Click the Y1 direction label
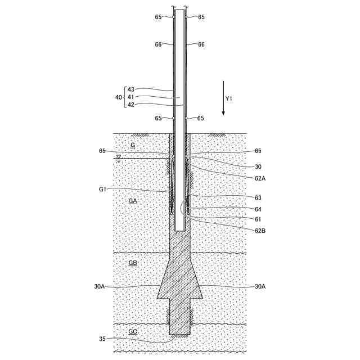228,99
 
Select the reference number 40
119,97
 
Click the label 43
130,89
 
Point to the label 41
130,97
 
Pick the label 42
130,105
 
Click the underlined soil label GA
133,201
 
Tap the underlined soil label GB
133,263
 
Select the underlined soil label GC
133,331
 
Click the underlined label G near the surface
133,145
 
